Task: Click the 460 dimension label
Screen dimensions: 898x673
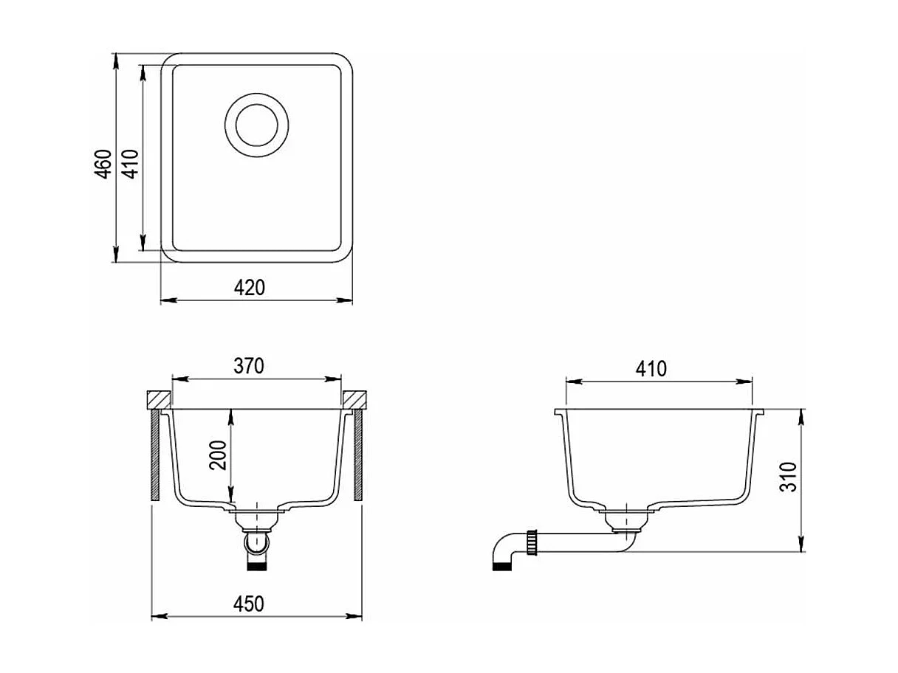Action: pos(103,164)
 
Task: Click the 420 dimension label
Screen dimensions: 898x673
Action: pos(249,288)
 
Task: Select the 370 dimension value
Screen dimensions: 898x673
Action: pos(249,366)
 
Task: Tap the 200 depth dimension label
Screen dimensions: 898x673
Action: pos(218,455)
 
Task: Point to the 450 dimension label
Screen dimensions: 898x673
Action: pos(249,604)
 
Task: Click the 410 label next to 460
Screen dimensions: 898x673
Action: pos(131,164)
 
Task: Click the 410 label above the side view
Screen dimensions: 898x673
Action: pos(651,369)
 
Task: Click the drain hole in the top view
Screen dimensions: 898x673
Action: pos(256,125)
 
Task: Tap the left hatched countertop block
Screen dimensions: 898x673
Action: pos(159,399)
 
